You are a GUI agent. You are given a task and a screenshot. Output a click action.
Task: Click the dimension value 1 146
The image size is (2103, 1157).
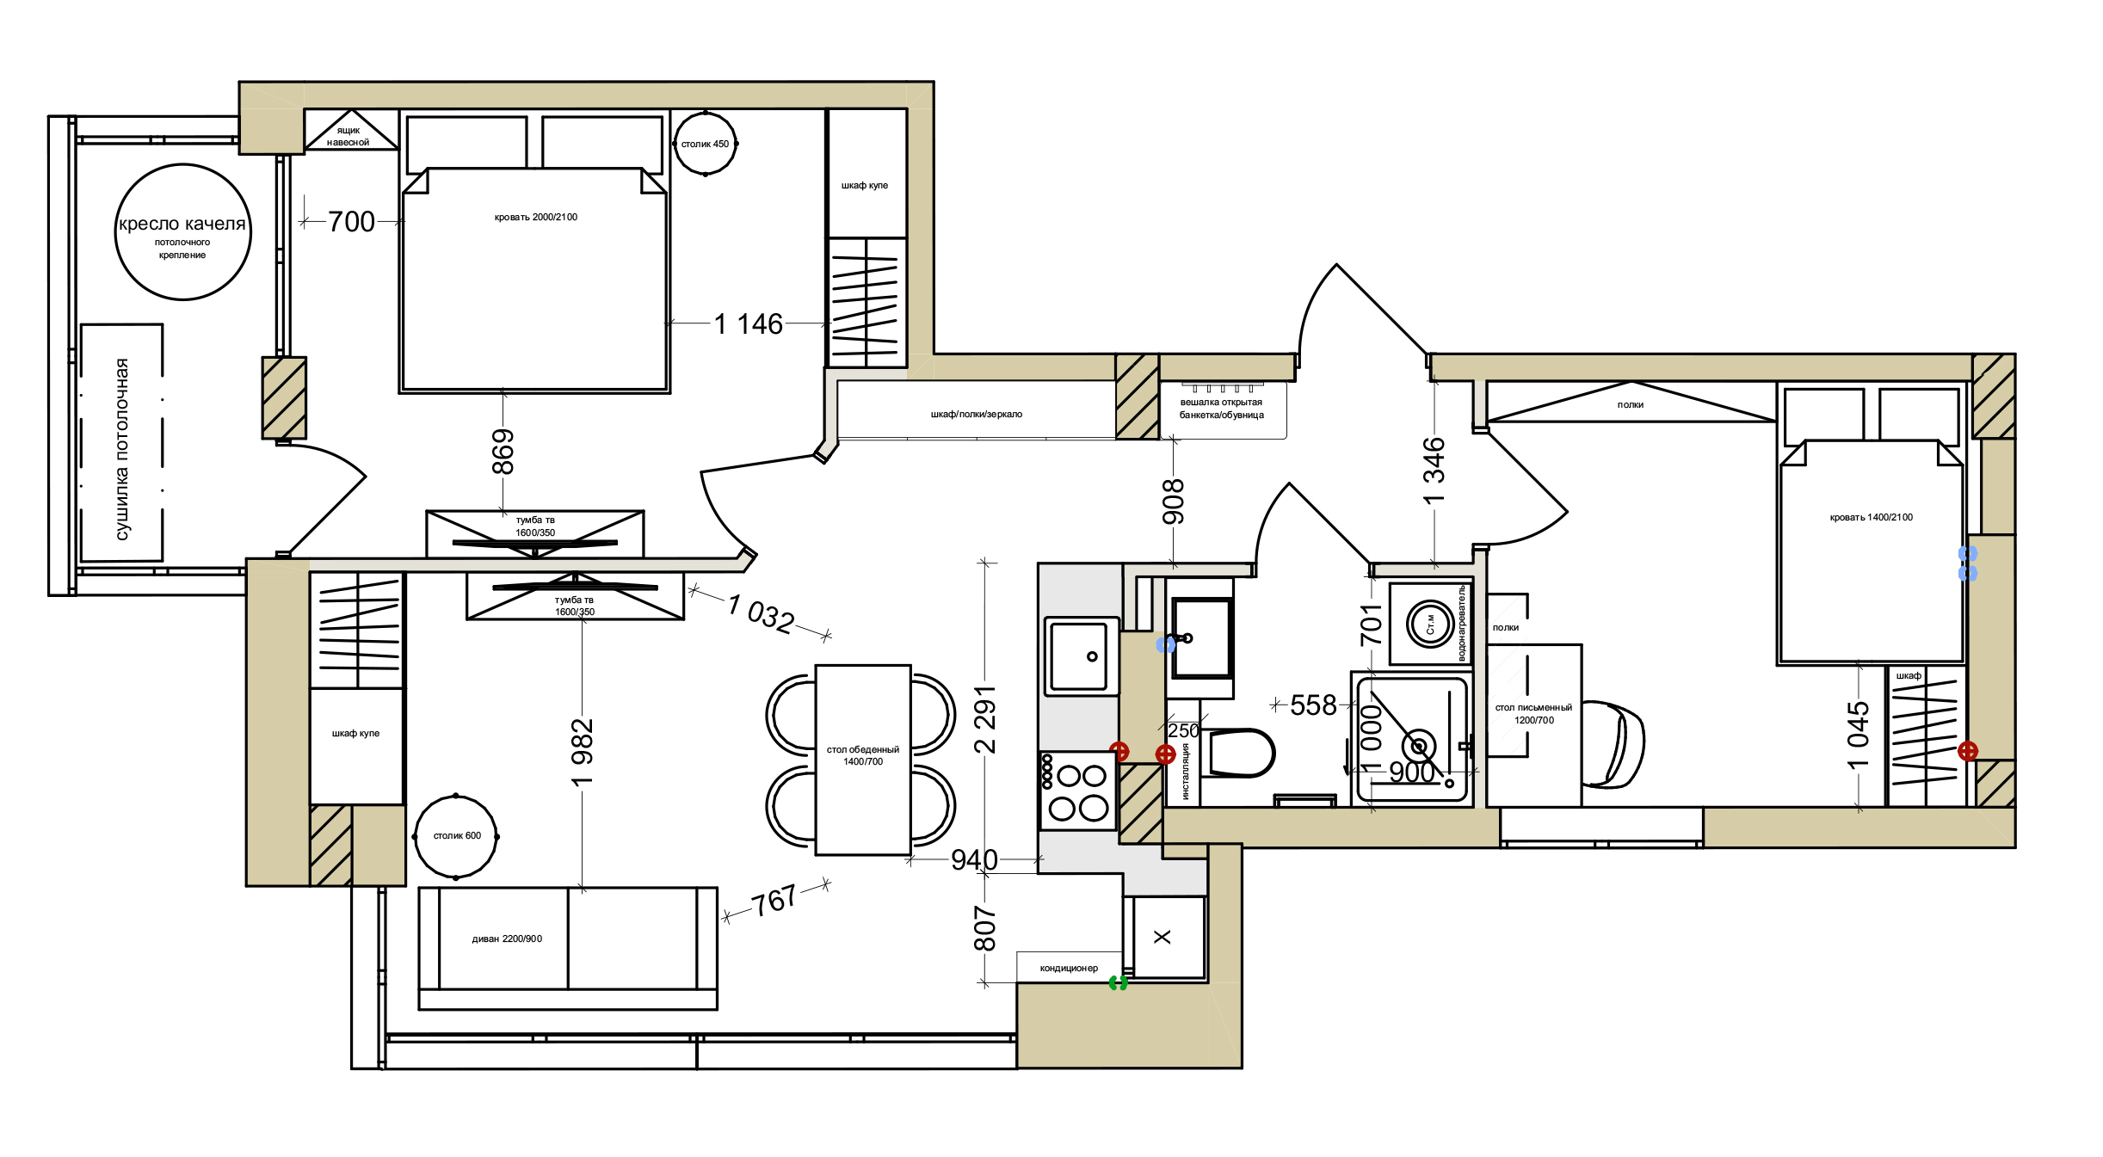749,324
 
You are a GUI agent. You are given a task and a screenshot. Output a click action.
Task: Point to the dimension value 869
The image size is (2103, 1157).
503,452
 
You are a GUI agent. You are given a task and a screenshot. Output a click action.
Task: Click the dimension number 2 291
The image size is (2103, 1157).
985,719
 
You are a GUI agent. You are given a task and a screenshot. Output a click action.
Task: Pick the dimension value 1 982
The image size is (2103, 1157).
583,753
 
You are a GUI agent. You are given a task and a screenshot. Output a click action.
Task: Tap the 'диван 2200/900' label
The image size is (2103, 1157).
507,939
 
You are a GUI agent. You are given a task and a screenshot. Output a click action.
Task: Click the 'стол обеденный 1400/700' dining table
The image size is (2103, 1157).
863,760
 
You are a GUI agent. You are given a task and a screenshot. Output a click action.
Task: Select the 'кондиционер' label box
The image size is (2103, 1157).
1070,968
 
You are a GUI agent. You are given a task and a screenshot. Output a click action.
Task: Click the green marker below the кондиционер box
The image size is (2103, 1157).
1118,983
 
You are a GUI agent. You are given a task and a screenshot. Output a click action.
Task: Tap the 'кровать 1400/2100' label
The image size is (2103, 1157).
1872,517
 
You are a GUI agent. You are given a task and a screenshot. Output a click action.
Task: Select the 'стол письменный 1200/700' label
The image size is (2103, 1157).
1533,714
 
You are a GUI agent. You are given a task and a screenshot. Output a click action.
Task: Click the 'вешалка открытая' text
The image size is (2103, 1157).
1221,402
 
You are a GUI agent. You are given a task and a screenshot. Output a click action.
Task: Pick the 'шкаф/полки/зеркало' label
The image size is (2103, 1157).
977,414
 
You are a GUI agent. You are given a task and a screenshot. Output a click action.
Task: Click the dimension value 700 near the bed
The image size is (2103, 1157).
351,222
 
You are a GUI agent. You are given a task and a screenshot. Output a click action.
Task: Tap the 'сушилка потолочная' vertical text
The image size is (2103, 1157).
122,449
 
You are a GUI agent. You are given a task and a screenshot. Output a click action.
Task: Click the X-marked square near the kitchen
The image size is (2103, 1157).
1163,937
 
